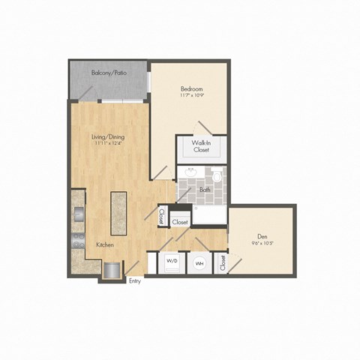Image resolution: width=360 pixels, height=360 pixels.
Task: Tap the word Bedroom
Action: tap(191, 88)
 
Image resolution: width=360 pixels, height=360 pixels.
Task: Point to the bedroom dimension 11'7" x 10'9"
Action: tap(191, 96)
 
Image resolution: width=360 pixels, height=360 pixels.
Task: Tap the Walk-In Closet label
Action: tap(200, 145)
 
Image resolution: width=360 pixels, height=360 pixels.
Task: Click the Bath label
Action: tap(205, 190)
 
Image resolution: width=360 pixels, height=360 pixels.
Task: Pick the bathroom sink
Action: tap(190, 175)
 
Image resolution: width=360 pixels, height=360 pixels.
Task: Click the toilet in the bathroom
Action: tap(217, 178)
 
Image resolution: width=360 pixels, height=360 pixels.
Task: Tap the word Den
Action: tap(262, 235)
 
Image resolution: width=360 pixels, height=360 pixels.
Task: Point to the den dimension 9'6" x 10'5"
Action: tap(262, 243)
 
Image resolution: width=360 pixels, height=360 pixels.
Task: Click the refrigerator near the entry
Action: tap(112, 268)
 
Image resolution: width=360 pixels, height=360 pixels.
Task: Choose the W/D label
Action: tap(171, 262)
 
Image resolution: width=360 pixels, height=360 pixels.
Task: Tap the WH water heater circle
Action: tap(199, 263)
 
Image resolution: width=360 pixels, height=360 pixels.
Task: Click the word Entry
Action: tap(135, 282)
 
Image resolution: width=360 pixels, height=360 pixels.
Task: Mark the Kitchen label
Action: tap(105, 245)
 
